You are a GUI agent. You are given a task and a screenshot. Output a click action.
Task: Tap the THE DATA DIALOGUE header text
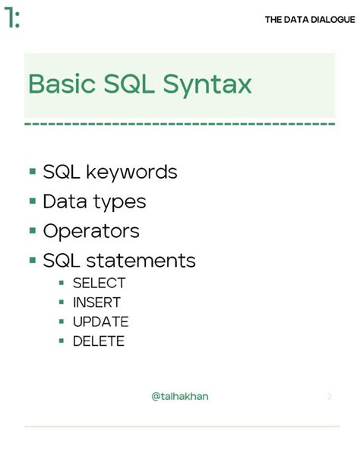pos(309,20)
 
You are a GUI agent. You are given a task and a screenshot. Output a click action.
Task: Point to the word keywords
pos(131,173)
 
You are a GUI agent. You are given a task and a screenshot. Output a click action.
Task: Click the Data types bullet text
pos(94,202)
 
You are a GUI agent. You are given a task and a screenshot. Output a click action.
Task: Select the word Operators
pos(91,231)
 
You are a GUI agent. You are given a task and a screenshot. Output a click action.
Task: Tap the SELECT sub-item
pos(99,283)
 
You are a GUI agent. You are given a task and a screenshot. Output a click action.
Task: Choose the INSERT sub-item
pos(96,303)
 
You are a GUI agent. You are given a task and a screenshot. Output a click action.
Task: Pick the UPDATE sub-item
pos(100,322)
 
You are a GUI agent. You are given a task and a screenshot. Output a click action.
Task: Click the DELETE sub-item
pos(98,341)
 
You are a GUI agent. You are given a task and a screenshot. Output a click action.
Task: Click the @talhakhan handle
pos(181,396)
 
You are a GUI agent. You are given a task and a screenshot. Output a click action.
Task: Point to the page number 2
pos(329,396)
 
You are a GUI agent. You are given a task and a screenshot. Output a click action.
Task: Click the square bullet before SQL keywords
pos(33,172)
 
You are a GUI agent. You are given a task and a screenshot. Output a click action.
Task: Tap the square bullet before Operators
pos(33,230)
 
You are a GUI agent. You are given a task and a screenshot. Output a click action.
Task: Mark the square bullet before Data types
pos(33,201)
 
